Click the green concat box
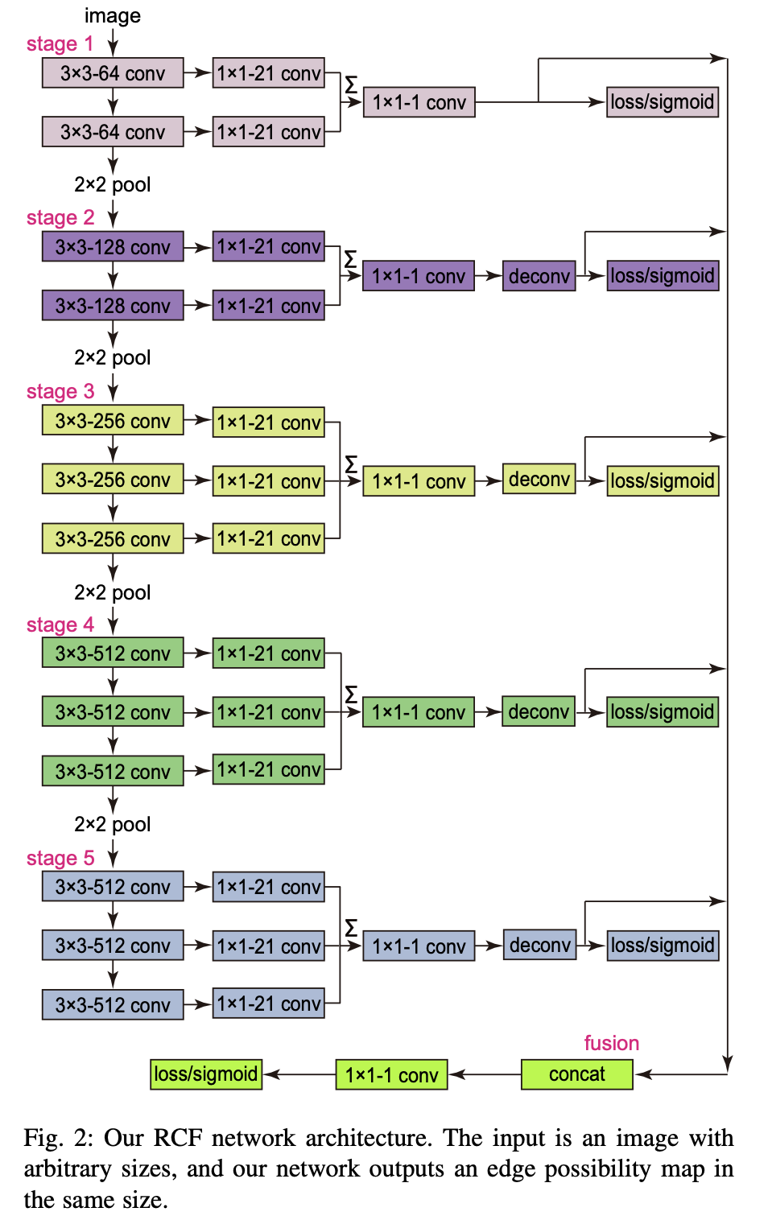click(576, 1074)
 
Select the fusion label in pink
click(611, 1043)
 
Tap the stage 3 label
click(60, 392)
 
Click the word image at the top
click(113, 16)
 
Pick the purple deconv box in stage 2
click(539, 276)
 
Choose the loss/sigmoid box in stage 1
click(662, 102)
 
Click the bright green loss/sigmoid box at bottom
click(206, 1074)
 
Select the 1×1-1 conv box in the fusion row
click(391, 1075)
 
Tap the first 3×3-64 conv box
click(113, 73)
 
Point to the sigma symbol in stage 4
click(351, 694)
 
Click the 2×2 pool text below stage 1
click(113, 185)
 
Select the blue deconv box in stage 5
click(539, 945)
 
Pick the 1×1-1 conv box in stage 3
click(419, 481)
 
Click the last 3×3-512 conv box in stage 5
click(113, 1005)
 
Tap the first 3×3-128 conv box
click(113, 247)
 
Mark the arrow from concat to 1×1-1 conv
click(485, 1074)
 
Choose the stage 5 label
click(60, 859)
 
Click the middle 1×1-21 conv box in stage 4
click(269, 712)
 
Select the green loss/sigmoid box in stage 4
click(662, 712)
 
